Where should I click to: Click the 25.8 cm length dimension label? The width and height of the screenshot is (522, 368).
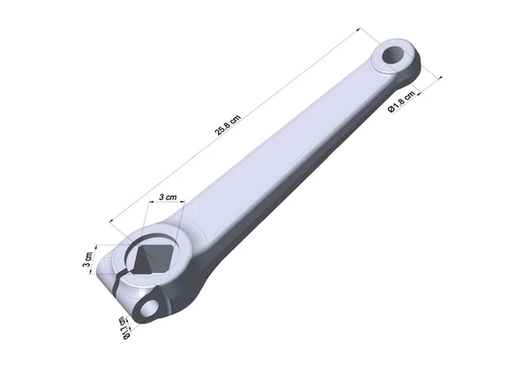(227, 125)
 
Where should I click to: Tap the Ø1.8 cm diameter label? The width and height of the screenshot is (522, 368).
(402, 102)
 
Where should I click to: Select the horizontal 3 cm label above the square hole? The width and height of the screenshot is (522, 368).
(168, 197)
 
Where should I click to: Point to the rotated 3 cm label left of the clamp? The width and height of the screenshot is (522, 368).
(88, 260)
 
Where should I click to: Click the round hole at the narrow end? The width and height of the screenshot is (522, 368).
(393, 55)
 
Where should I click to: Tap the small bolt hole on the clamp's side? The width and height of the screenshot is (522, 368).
(148, 308)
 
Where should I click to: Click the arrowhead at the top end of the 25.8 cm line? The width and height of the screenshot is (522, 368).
(359, 29)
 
